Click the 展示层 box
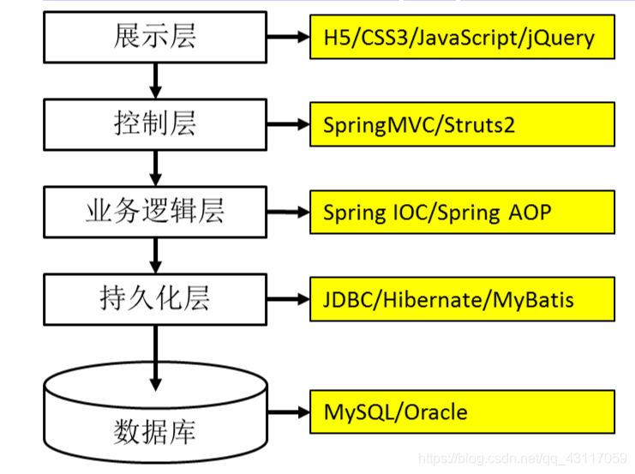coord(155,36)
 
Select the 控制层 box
coord(155,123)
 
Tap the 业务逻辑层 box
coord(155,212)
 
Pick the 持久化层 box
coord(155,299)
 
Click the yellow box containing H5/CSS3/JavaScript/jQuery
coord(462,37)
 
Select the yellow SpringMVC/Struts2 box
coord(462,124)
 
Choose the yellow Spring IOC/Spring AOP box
coord(462,212)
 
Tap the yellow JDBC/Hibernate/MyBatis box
coord(462,300)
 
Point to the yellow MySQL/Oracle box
coord(462,411)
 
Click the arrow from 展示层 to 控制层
coord(155,80)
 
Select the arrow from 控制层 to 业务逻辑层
coord(155,168)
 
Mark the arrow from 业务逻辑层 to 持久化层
coord(155,255)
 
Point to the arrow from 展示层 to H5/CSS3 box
coord(288,37)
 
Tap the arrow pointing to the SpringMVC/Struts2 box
coord(288,124)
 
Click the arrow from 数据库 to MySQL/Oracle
coord(288,411)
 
